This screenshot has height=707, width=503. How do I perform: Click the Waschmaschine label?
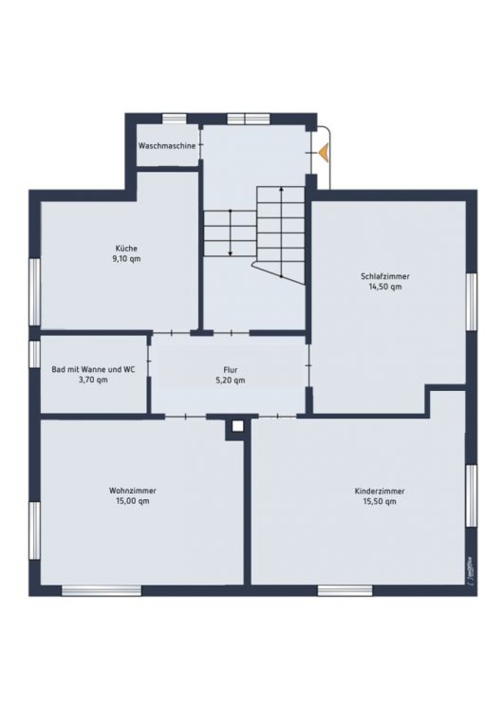167,146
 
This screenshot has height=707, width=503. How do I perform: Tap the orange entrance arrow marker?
324,151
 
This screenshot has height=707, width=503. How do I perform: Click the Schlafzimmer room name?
385,275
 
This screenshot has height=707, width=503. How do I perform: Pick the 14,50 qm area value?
385,286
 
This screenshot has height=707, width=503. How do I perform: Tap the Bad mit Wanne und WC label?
92,369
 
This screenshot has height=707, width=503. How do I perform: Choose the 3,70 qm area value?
92,380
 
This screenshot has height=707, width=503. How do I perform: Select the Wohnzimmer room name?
133,491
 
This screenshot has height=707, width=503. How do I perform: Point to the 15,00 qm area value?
133,501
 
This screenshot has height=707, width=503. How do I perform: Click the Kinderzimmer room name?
380,491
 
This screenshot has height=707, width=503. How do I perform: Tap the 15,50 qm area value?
380,501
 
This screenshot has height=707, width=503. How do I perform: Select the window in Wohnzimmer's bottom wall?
102,590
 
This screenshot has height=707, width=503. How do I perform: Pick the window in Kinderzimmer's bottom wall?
345,590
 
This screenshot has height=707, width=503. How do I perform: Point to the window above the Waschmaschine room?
174,119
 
